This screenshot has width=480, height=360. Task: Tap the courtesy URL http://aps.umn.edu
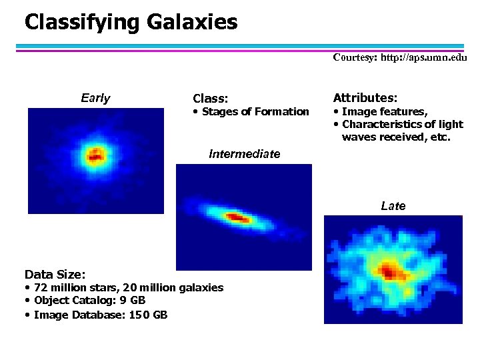[423, 57]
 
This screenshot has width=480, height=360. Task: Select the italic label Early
[95, 99]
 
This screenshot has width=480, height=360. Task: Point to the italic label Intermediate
[244, 154]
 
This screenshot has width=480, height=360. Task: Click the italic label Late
[393, 206]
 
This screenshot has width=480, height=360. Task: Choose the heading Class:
[210, 99]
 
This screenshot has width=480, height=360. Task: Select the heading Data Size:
[55, 274]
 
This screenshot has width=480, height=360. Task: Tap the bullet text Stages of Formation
[255, 111]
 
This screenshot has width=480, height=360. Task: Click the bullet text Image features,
[385, 111]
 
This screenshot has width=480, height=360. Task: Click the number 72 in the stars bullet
[41, 287]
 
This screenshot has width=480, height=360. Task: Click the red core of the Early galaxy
[95, 157]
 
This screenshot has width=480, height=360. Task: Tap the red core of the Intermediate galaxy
[237, 217]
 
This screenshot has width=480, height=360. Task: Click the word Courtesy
[353, 57]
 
